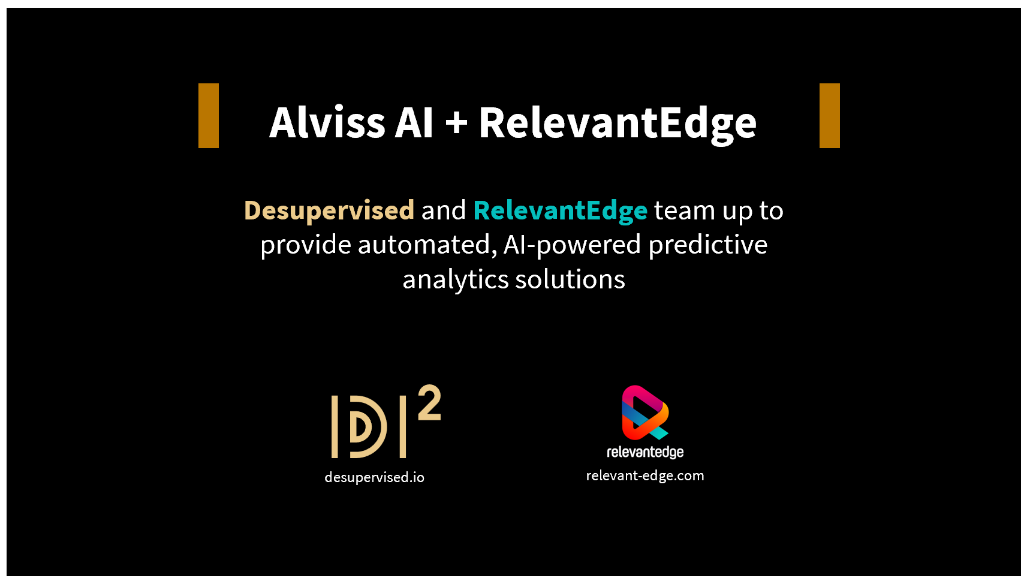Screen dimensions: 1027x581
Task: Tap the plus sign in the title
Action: (x=456, y=123)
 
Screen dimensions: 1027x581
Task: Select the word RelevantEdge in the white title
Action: (x=618, y=125)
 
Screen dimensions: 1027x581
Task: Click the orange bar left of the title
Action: (x=209, y=116)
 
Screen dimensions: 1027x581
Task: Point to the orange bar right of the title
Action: (x=829, y=116)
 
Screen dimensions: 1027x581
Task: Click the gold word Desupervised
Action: (x=329, y=211)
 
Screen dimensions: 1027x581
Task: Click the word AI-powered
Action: (x=572, y=245)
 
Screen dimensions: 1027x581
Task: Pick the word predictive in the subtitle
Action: (x=708, y=245)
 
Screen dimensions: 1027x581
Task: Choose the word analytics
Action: (x=455, y=280)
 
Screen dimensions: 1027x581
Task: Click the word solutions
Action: (x=570, y=279)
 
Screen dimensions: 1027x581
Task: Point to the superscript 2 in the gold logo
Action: (x=429, y=402)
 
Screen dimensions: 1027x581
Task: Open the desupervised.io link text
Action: (x=374, y=478)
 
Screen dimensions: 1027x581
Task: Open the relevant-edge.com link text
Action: (x=645, y=475)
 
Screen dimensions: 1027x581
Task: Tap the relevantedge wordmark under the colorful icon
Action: (x=645, y=452)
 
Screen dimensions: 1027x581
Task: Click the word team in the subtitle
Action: (x=685, y=211)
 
